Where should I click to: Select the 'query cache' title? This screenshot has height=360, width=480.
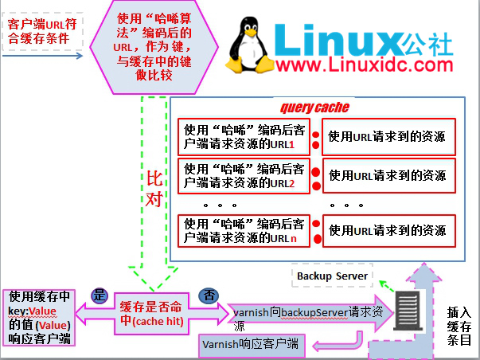(314, 108)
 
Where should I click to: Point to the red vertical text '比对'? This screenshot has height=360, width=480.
(154, 187)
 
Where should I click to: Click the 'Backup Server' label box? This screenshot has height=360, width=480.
(332, 276)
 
